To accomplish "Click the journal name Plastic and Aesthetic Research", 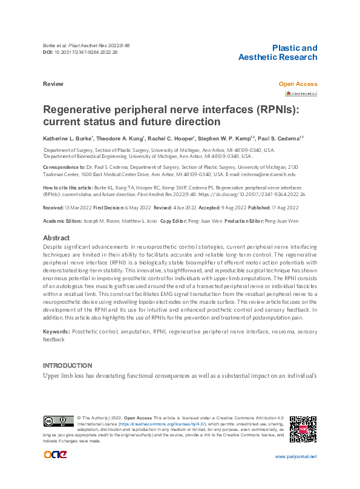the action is pyautogui.click(x=278, y=53).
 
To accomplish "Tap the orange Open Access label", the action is pyautogui.click(x=298, y=84).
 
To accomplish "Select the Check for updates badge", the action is pyautogui.click(x=301, y=94).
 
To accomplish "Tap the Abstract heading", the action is pyautogui.click(x=56, y=238).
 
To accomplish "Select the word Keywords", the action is pyautogui.click(x=56, y=332).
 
